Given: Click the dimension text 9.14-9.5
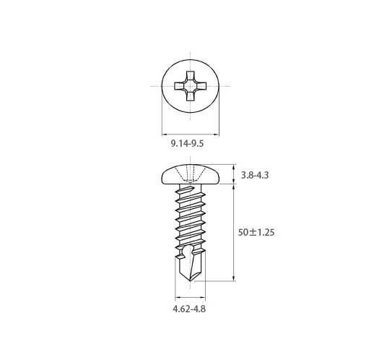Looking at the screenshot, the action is (187, 144).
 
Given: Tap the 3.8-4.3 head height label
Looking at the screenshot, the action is (255, 175).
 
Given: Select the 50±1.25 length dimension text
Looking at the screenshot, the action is (256, 232).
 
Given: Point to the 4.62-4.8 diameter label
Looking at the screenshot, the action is (189, 309).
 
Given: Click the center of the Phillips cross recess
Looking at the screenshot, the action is (191, 86).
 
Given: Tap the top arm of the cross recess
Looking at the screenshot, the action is (191, 75).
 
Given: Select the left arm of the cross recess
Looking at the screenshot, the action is (179, 86).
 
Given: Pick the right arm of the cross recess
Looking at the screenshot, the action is (201, 86).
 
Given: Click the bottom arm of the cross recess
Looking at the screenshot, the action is (191, 97).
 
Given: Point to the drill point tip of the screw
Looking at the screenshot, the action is (191, 280).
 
